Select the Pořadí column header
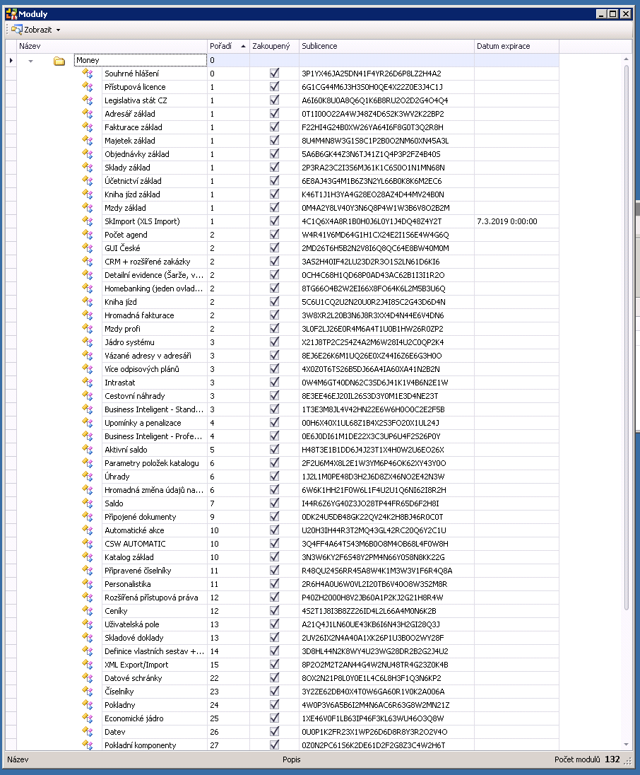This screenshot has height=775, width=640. [220, 46]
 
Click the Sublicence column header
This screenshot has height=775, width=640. [319, 46]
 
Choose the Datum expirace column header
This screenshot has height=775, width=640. [503, 46]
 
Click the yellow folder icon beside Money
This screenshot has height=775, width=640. [59, 61]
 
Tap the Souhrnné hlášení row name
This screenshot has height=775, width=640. [131, 74]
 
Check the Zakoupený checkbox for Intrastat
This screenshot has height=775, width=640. [275, 383]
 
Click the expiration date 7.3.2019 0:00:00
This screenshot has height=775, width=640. [506, 221]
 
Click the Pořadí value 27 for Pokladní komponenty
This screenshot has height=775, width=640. [214, 745]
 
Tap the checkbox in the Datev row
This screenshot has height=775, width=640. [275, 732]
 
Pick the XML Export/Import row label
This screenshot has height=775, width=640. [136, 665]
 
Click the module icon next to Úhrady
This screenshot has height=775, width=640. [88, 477]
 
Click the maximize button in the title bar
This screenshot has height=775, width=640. [613, 13]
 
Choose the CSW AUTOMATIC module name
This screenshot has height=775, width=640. [135, 544]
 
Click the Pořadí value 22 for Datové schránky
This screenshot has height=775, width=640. [214, 678]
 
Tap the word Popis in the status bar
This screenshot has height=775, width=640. [291, 760]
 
